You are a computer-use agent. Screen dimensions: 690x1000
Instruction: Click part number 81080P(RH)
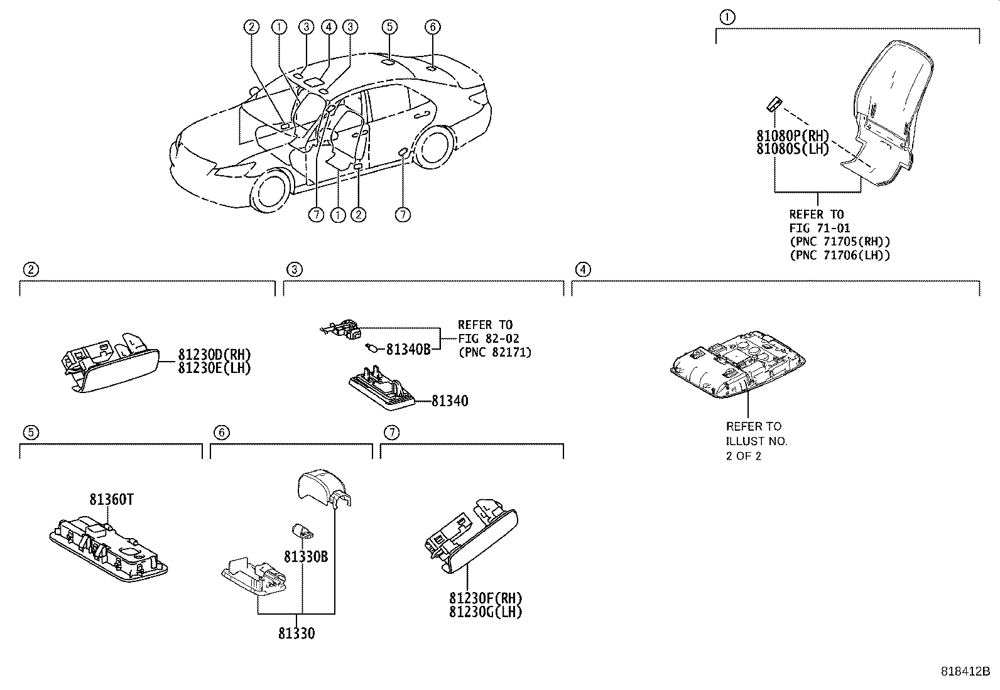pos(793,136)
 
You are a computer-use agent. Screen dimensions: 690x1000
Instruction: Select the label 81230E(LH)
pos(214,369)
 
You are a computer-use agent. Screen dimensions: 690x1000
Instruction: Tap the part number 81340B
pos(408,350)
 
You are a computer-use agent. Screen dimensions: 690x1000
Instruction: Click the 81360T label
pos(111,500)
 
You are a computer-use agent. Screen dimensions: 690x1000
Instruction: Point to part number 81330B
pos(305,557)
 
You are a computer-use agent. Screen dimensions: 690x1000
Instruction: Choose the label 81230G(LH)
pos(485,612)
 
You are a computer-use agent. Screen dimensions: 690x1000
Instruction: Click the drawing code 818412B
pos(964,671)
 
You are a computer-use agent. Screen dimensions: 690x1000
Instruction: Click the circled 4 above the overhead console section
pos(583,270)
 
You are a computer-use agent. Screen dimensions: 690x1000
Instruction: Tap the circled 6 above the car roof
pos(432,26)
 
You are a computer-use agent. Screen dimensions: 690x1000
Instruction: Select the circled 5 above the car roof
pos(389,26)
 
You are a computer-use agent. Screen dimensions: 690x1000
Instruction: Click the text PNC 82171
pos(494,352)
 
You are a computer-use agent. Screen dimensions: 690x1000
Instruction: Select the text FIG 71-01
pos(819,228)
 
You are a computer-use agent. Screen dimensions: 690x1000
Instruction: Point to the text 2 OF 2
pos(744,456)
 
